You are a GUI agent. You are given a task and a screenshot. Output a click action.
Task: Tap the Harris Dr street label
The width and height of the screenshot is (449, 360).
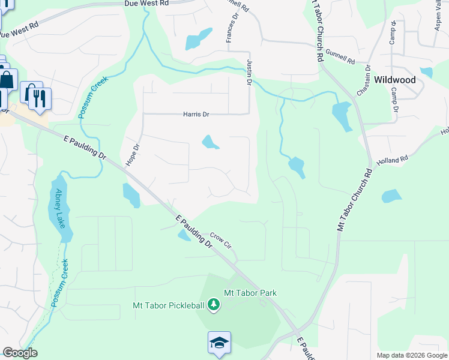[x=196, y=114]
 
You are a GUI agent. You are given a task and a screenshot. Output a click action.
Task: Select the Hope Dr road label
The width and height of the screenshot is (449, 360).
[x=132, y=155]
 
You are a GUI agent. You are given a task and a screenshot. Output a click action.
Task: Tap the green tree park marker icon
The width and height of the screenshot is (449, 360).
[x=213, y=305]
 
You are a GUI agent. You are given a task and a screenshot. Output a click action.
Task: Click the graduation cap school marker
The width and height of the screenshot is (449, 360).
[x=218, y=343]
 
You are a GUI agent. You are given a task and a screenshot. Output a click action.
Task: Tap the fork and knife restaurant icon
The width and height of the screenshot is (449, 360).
[x=40, y=98]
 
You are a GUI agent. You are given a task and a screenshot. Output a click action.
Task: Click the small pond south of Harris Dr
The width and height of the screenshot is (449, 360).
[x=210, y=142]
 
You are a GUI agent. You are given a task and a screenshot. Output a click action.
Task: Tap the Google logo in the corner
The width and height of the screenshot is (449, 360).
[x=20, y=353]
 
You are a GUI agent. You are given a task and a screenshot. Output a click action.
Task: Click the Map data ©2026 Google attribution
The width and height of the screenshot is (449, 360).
[x=412, y=355]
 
